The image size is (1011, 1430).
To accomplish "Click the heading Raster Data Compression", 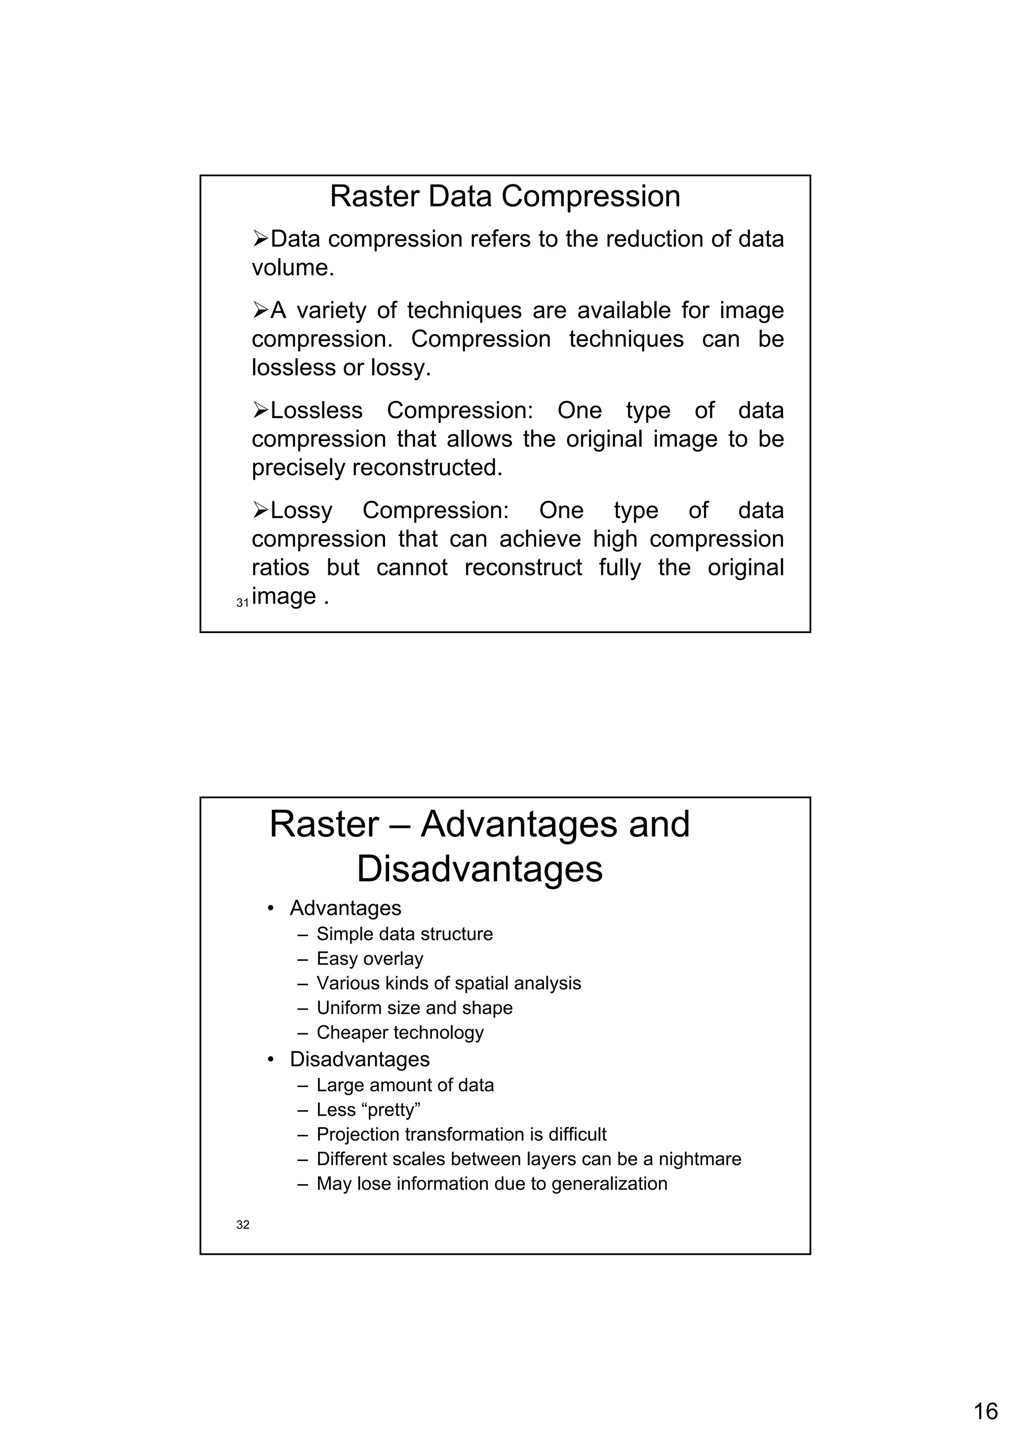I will tap(505, 196).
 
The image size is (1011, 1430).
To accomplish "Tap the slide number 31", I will tap(242, 603).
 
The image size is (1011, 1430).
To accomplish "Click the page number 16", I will tap(985, 1411).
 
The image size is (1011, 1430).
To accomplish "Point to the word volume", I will tap(292, 268).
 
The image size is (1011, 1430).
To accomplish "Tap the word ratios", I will tap(280, 567).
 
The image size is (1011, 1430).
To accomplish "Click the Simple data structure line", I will tap(404, 934).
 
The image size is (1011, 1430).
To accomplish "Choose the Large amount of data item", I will tap(405, 1085).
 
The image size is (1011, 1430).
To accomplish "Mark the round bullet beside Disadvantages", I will tap(271, 1059).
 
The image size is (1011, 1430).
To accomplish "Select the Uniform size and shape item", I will tap(414, 1007).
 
